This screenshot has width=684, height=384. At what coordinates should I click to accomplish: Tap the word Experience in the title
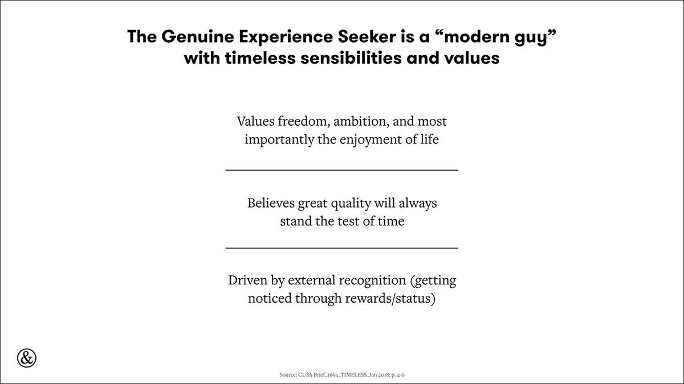[286, 37]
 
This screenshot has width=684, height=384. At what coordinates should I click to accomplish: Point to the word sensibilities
[351, 57]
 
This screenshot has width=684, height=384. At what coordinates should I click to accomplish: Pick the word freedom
[304, 121]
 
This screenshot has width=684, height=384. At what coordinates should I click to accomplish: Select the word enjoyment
[370, 140]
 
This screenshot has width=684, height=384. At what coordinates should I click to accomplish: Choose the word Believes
[271, 203]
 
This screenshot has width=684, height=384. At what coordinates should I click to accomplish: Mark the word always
[417, 204]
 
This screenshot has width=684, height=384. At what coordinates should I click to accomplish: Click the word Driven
[247, 280]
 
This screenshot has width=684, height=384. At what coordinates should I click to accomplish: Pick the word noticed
[270, 298]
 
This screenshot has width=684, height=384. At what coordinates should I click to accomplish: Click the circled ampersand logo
[27, 358]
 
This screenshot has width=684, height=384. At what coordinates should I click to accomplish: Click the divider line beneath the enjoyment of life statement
[341, 170]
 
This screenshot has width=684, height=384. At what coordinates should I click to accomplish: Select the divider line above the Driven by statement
[341, 248]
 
